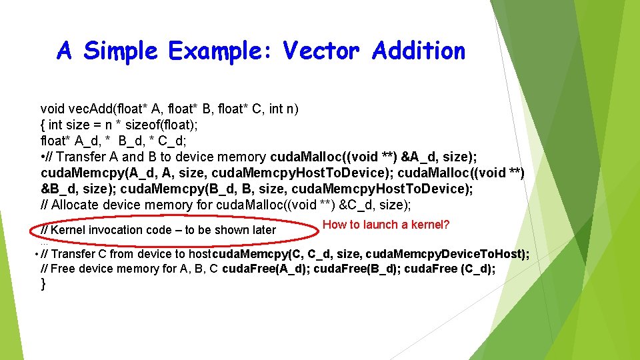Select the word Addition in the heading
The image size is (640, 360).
(419, 51)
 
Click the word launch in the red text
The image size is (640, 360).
(383, 225)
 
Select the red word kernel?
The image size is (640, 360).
(430, 225)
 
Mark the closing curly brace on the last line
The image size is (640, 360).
(44, 284)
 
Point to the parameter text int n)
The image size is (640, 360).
(285, 108)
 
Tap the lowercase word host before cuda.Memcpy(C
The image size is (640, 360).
(199, 254)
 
